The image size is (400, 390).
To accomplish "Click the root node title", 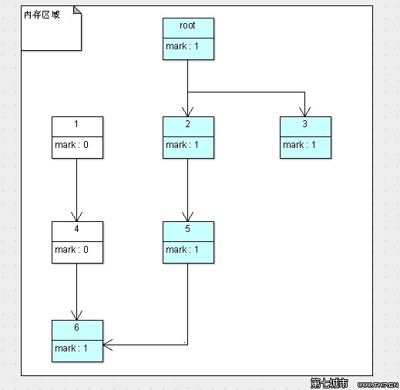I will click(x=188, y=25).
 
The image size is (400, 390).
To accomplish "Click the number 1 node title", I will click(x=76, y=124).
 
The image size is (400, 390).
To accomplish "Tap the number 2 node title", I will click(x=188, y=124).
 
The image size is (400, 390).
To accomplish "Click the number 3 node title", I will click(x=305, y=124).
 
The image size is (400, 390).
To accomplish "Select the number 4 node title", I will click(x=76, y=229).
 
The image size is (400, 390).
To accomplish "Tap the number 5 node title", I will click(x=188, y=229).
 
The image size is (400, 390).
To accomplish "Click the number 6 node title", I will click(x=76, y=328).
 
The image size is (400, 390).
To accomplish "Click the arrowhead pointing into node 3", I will click(x=305, y=112).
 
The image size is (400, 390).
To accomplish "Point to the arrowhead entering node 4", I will click(x=76, y=217).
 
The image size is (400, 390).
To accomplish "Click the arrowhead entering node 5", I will click(x=188, y=217).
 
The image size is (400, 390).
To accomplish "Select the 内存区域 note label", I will click(x=42, y=15).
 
